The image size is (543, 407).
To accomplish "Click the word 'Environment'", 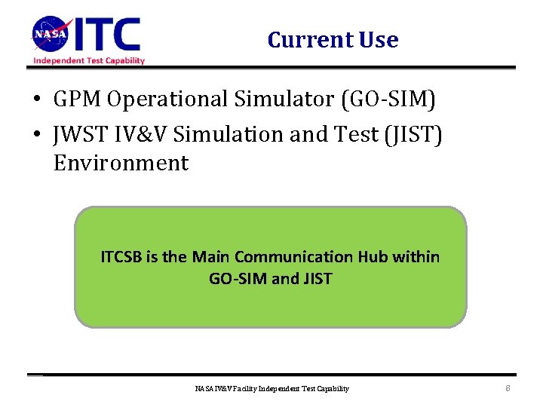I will (x=121, y=163).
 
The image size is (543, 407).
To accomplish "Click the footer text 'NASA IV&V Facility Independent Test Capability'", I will (x=271, y=389).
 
